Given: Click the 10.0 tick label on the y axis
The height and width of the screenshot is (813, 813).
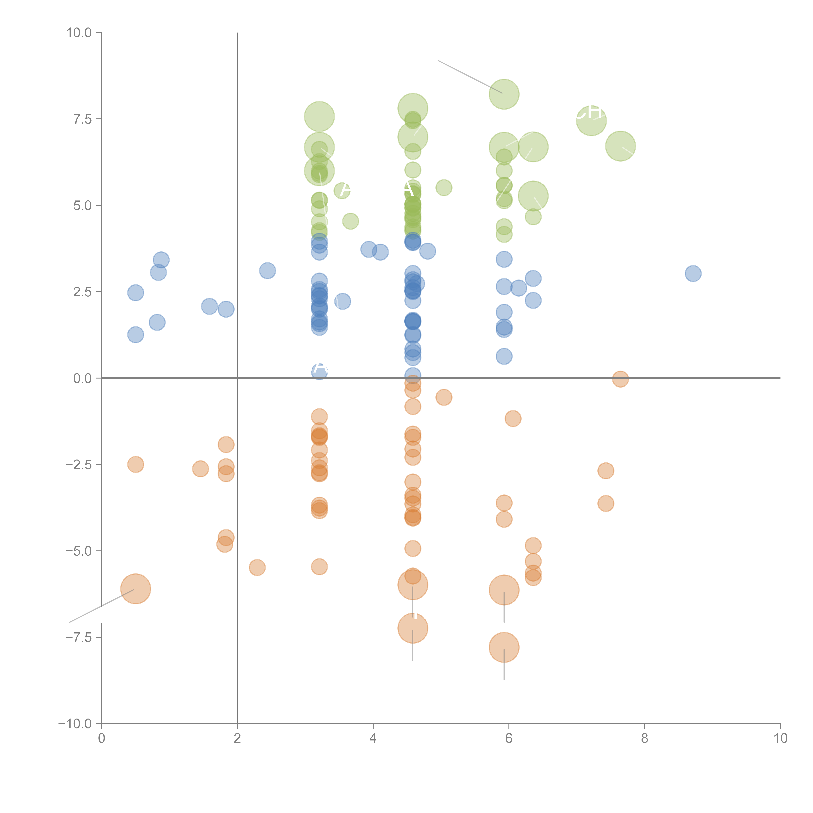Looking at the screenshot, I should tap(79, 33).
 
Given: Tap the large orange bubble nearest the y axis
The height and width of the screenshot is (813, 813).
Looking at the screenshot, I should tap(135, 589).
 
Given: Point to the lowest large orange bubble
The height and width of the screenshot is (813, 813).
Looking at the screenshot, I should tap(504, 647).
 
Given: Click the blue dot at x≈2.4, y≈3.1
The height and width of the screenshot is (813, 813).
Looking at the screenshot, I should tap(267, 271).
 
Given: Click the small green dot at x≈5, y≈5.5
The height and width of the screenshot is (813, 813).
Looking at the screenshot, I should tap(444, 188).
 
